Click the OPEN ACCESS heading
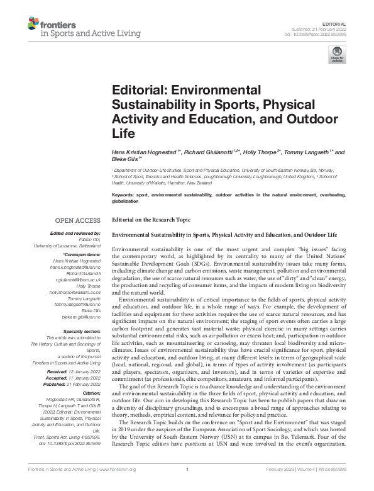coord(77,220)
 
